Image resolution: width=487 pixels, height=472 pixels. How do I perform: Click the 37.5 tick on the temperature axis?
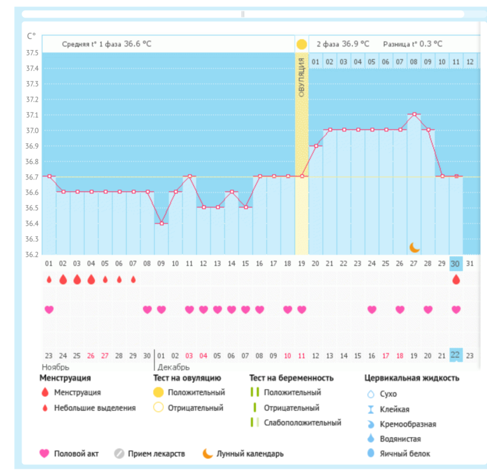point(32,52)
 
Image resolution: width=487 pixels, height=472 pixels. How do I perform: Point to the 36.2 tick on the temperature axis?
point(32,255)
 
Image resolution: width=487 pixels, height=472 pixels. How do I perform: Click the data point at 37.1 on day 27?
point(414,114)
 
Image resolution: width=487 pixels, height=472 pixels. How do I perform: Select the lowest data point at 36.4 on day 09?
point(162,223)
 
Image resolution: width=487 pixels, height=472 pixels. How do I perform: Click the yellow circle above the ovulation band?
point(302,44)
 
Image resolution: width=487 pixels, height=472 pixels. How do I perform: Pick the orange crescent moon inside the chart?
point(414,247)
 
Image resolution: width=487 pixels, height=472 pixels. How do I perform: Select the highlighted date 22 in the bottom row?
point(456,356)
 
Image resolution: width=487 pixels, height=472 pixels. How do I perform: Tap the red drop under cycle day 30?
point(456,279)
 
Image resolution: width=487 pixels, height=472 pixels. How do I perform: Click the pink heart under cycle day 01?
point(49,309)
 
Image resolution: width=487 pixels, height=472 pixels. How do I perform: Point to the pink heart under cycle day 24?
point(372,309)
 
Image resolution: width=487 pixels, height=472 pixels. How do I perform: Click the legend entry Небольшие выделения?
point(94,408)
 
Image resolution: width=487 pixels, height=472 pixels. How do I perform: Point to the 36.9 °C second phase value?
point(353,44)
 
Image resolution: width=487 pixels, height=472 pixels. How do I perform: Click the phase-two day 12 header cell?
point(470,61)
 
